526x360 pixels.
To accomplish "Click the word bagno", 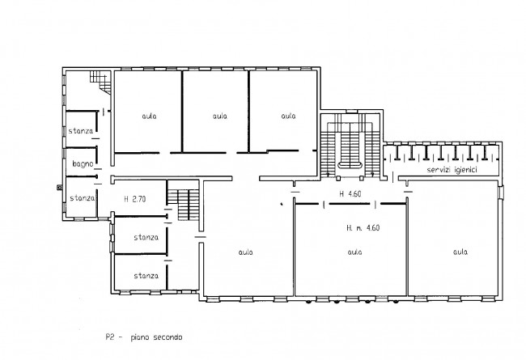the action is click(83, 164).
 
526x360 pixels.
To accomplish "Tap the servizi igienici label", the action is click(452, 170).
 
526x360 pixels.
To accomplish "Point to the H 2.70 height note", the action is click(135, 199).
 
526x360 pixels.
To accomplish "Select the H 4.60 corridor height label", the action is click(350, 193).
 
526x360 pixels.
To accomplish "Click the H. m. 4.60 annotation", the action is click(363, 228).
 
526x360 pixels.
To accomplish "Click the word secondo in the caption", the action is click(168, 337).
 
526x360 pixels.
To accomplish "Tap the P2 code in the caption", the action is click(110, 337).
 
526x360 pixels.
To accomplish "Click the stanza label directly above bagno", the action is click(81, 131).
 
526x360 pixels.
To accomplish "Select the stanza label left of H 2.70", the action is click(83, 198).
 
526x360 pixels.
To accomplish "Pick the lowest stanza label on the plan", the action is click(146, 276).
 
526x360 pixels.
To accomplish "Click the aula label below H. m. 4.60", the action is click(355, 252).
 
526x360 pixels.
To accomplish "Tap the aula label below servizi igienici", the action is click(460, 252).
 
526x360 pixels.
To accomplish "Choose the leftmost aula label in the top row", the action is click(149, 116).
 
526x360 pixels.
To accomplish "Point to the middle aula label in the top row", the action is click(220, 116).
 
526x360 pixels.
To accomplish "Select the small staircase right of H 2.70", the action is click(183, 205).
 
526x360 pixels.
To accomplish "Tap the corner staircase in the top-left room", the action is click(100, 82).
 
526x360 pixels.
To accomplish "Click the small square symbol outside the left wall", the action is click(59, 188).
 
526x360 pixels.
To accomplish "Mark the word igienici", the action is click(465, 170).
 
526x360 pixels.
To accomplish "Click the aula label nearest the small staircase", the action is click(245, 252).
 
